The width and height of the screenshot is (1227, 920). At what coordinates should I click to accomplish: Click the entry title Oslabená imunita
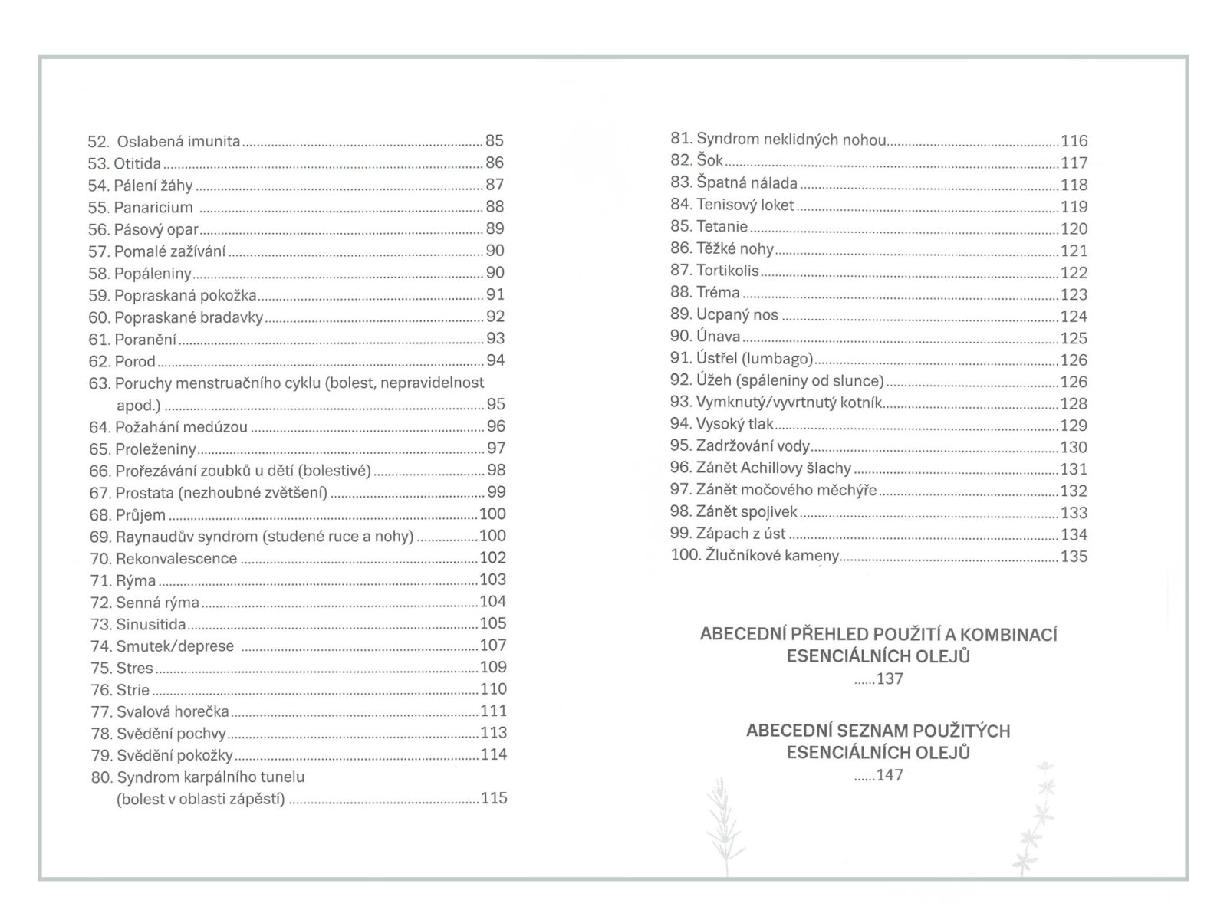coord(178,141)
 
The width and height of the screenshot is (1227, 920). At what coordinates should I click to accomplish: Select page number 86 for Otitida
coord(495,163)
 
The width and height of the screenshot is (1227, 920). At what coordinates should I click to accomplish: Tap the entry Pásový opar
coord(156,229)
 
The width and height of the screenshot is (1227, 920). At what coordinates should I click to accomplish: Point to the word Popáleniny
coord(153,273)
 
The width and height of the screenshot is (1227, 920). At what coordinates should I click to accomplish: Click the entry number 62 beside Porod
coord(99,361)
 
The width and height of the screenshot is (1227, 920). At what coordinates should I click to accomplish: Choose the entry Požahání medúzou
coord(182,427)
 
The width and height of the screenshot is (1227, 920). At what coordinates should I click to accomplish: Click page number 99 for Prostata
coord(496,492)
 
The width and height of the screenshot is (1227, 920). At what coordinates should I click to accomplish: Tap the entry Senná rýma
coord(157,603)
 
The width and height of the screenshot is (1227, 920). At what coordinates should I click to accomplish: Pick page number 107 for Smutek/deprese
coord(493,646)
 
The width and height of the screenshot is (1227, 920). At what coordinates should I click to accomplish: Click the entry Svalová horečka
coord(173,711)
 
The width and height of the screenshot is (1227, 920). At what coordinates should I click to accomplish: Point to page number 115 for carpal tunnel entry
coord(494,798)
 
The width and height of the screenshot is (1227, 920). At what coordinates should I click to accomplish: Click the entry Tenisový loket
coord(745,205)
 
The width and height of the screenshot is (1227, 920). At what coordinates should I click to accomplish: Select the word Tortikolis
coord(727,271)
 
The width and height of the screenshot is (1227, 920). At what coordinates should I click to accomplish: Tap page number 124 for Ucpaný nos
coord(1074,316)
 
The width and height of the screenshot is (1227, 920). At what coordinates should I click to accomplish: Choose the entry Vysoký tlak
coord(735,424)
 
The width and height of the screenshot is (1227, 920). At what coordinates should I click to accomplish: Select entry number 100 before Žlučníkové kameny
coord(685,555)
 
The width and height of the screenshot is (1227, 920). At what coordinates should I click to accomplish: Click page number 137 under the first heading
coord(890,678)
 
